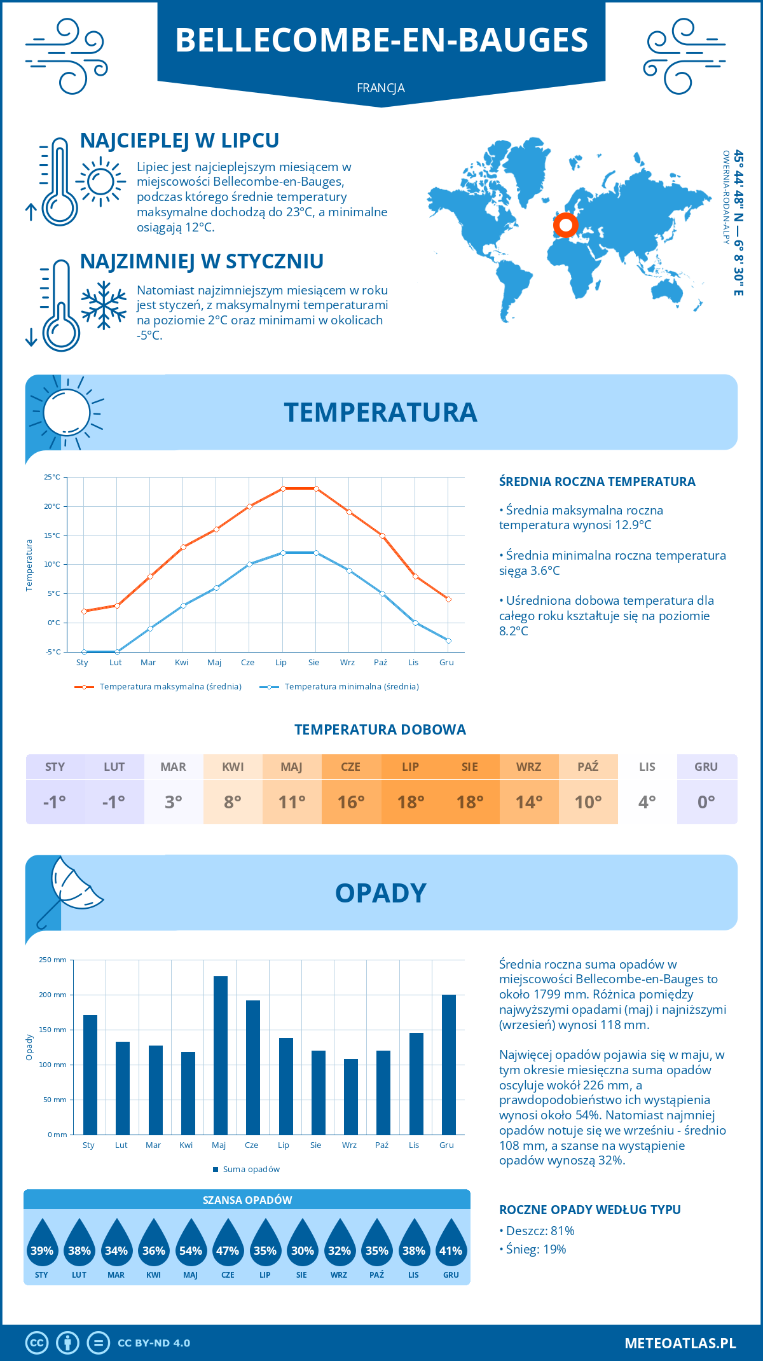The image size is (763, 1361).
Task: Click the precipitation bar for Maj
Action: tap(221, 1055)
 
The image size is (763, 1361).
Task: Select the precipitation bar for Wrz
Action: tap(351, 1096)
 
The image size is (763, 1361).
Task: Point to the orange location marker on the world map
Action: tap(565, 225)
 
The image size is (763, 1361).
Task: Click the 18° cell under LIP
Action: tap(411, 802)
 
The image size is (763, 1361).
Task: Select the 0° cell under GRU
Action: tap(706, 802)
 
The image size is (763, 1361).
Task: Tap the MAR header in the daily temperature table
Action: tap(174, 767)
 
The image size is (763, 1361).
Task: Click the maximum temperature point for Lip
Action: tap(283, 488)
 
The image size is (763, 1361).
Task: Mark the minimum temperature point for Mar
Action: tap(150, 628)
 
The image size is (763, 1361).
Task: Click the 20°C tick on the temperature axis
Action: tap(52, 506)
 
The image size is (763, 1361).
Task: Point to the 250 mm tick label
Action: tap(53, 960)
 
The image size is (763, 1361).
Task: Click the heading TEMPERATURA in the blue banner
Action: tap(380, 412)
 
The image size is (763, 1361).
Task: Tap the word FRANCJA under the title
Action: tap(381, 88)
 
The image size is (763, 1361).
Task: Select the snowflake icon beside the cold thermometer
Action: tap(104, 306)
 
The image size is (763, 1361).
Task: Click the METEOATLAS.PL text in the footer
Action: tap(680, 1343)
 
